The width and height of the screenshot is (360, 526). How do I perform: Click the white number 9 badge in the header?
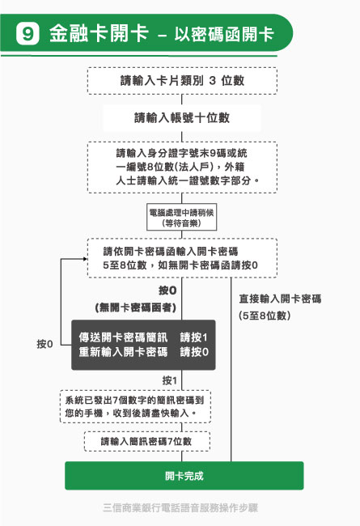click(x=28, y=33)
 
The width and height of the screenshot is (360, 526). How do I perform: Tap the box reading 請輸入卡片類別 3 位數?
click(x=182, y=81)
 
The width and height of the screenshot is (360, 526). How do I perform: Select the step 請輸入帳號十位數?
click(x=182, y=118)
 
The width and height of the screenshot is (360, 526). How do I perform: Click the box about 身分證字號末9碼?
click(x=182, y=167)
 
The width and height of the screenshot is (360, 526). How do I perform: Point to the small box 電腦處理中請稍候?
click(x=181, y=217)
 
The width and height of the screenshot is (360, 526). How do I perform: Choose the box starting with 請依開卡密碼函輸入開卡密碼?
click(x=182, y=258)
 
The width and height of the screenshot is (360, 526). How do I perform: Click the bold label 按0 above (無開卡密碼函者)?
click(x=167, y=291)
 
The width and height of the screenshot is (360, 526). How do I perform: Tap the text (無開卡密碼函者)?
click(x=136, y=308)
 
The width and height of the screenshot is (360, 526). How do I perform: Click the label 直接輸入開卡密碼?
click(x=280, y=299)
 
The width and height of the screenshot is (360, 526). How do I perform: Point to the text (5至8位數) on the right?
click(x=265, y=316)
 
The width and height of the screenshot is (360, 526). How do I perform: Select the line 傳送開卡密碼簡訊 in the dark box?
click(x=123, y=337)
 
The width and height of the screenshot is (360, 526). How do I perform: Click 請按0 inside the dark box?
click(x=194, y=352)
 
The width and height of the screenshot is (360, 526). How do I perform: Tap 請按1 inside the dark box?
click(x=193, y=337)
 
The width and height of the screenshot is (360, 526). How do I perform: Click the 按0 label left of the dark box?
click(x=44, y=344)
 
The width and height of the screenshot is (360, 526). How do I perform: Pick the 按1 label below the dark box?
click(x=169, y=380)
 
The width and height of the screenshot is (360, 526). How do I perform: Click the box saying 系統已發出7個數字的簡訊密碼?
click(x=136, y=406)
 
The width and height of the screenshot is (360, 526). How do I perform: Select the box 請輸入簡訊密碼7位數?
click(x=147, y=441)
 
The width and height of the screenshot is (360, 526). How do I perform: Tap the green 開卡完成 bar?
click(x=184, y=476)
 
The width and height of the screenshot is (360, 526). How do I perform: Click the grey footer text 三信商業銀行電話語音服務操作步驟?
click(x=180, y=507)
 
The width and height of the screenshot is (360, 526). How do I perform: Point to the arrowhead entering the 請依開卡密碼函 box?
click(x=86, y=259)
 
